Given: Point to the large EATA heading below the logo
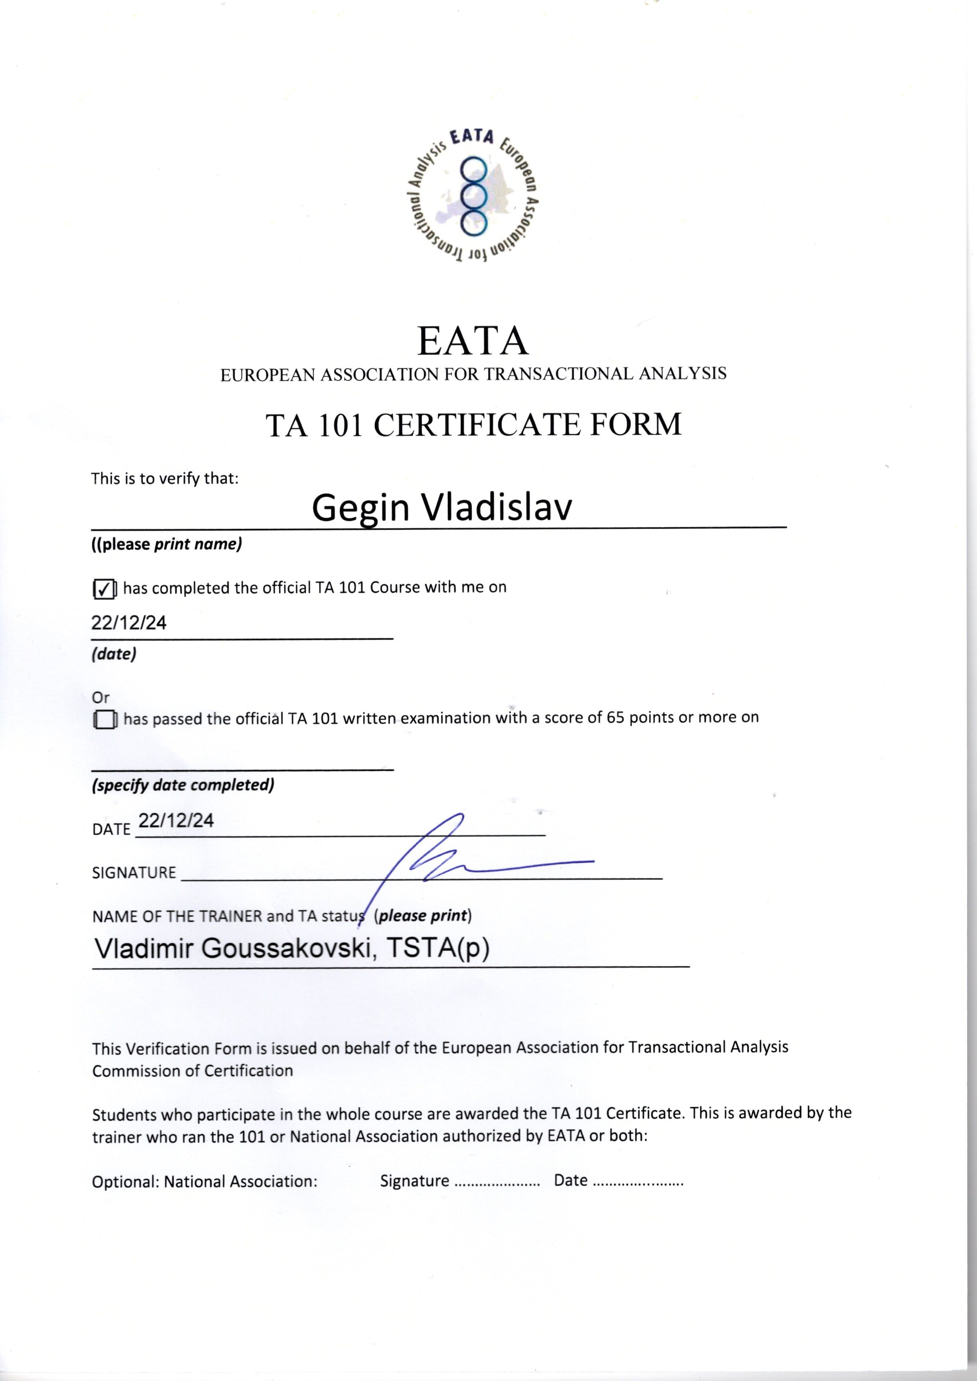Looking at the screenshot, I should coord(473,341).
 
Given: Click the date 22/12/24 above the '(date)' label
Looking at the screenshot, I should coord(129,623).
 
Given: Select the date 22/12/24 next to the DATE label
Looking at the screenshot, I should coord(176,821).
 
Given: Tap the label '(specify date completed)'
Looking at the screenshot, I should coord(183,785).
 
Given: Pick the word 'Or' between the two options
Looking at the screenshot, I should coord(100,698).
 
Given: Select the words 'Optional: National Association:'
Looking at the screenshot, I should coord(204,1181).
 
